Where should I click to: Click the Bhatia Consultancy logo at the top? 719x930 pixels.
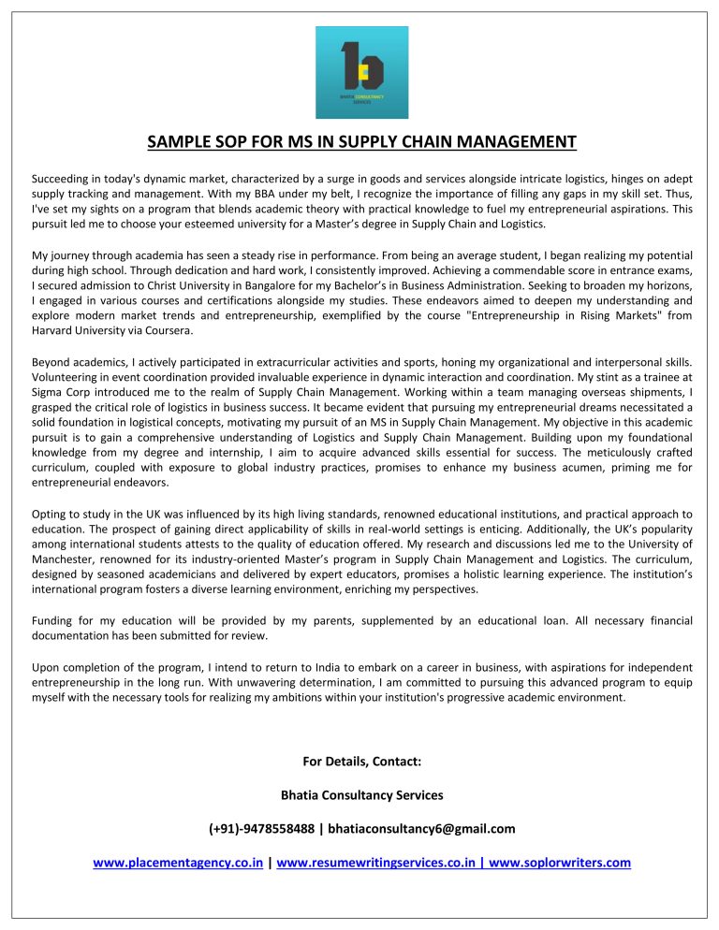[x=361, y=72]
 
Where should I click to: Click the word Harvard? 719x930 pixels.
[x=54, y=329]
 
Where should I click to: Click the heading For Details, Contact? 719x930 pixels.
[x=361, y=761]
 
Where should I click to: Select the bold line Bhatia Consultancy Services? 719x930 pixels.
[x=361, y=795]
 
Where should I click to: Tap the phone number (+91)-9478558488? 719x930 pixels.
[x=261, y=829]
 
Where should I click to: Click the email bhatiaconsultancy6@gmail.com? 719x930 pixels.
[x=421, y=829]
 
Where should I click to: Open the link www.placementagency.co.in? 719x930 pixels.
[x=177, y=863]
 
